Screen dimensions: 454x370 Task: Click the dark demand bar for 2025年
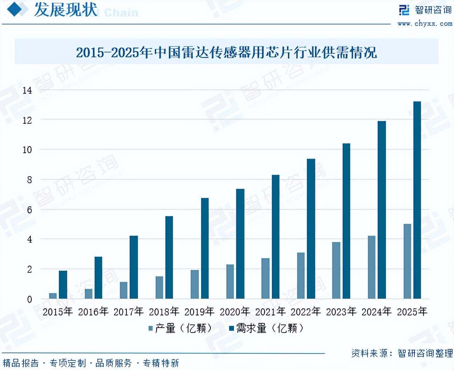[x=417, y=200]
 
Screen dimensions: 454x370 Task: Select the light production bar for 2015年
[x=53, y=296]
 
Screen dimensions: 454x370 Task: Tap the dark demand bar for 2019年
[x=205, y=248]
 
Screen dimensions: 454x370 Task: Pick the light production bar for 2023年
[x=336, y=270]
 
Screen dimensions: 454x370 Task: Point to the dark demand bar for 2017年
[x=134, y=267]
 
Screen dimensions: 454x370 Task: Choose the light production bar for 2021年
[x=266, y=278]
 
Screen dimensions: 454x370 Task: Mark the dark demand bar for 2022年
[x=311, y=229]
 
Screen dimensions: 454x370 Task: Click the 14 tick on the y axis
[x=27, y=91]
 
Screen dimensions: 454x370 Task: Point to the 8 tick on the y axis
[x=30, y=180]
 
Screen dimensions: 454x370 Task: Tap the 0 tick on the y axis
[x=30, y=299]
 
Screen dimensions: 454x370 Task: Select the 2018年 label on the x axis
[x=164, y=312]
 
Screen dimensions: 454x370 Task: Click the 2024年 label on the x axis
[x=377, y=312]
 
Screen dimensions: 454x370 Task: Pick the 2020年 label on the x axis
[x=235, y=312]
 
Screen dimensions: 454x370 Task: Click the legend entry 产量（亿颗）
[x=181, y=328]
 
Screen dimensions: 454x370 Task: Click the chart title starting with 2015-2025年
[x=226, y=52]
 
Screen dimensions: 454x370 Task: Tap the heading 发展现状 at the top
[x=66, y=10]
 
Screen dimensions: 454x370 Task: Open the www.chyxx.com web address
[x=425, y=23]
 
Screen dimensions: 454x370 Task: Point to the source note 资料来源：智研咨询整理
[x=402, y=353]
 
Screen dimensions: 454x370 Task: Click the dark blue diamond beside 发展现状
[x=14, y=9]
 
